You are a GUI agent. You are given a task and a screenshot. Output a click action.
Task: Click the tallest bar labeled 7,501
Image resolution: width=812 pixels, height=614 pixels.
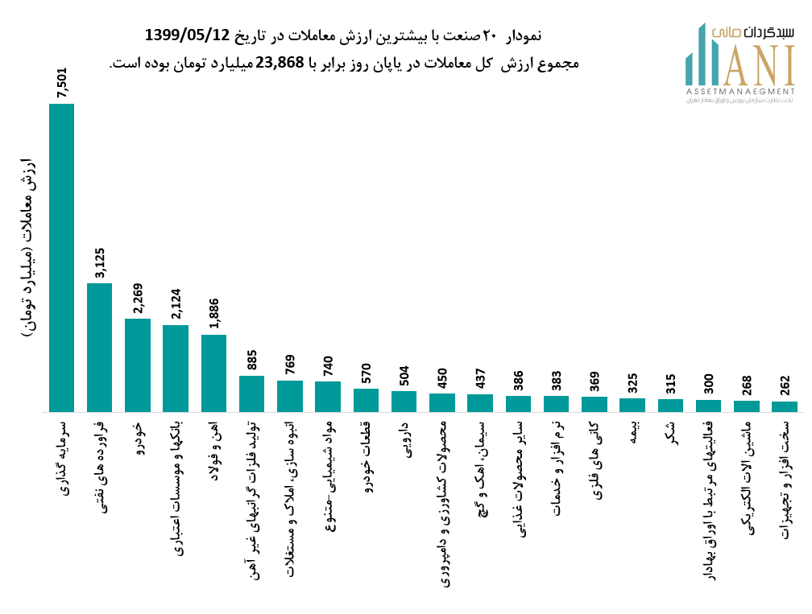(61, 258)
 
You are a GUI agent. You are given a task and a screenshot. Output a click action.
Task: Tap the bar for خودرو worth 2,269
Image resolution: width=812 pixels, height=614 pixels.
(138, 365)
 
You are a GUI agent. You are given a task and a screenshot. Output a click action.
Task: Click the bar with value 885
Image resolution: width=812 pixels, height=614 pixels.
(251, 394)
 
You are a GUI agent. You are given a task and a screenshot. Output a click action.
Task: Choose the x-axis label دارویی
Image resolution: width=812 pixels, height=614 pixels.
(404, 437)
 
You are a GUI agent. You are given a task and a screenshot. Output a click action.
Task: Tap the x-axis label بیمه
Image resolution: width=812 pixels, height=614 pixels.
(632, 431)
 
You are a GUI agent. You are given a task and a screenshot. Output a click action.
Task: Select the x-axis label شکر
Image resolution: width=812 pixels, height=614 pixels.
(671, 429)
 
